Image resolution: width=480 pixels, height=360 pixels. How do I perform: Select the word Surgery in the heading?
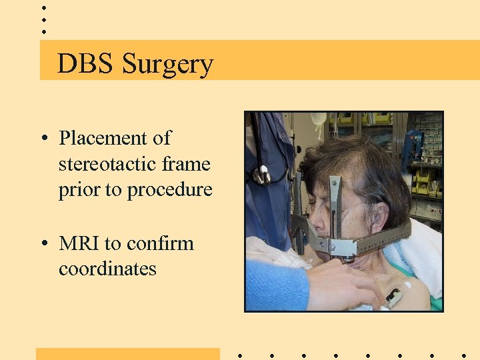167,65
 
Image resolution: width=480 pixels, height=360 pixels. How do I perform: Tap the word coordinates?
107,269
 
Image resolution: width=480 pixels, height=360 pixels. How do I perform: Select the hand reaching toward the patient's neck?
340,283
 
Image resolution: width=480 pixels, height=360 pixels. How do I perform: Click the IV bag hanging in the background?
319,120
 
